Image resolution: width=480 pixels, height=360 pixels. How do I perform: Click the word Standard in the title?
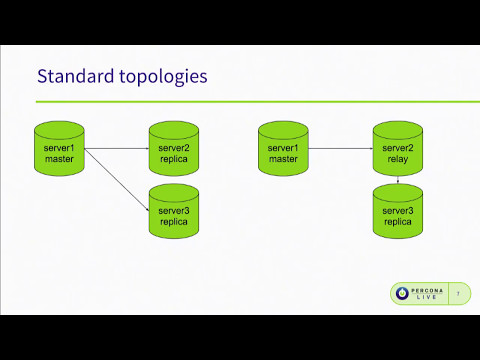point(70,76)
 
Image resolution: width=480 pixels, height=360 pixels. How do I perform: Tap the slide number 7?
point(459,294)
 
